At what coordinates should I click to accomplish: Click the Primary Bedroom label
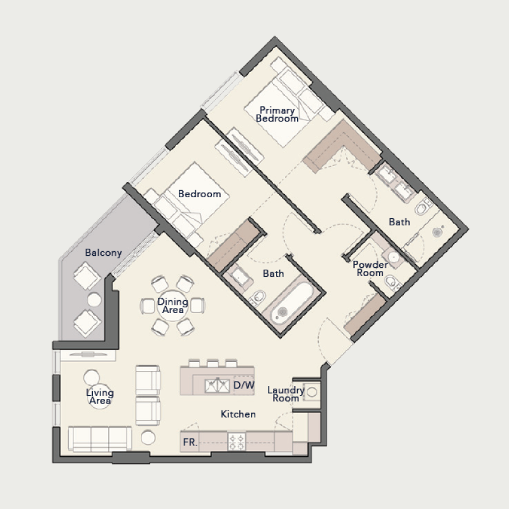click(x=277, y=115)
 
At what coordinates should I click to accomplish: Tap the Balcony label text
click(x=103, y=253)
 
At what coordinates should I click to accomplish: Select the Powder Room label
click(x=370, y=268)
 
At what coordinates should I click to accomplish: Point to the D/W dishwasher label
click(x=243, y=385)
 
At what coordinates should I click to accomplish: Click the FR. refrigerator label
click(x=190, y=442)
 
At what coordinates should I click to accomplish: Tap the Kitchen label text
click(x=238, y=414)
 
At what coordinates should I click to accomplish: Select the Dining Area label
click(x=172, y=306)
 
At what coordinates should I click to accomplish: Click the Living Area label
click(x=100, y=397)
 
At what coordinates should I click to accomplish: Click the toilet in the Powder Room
click(x=391, y=281)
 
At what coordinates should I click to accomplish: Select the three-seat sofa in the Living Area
click(x=99, y=438)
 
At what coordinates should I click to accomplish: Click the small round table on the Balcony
click(x=94, y=299)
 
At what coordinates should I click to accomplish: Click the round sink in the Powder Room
click(x=394, y=258)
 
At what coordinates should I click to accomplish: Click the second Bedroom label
click(x=199, y=194)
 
